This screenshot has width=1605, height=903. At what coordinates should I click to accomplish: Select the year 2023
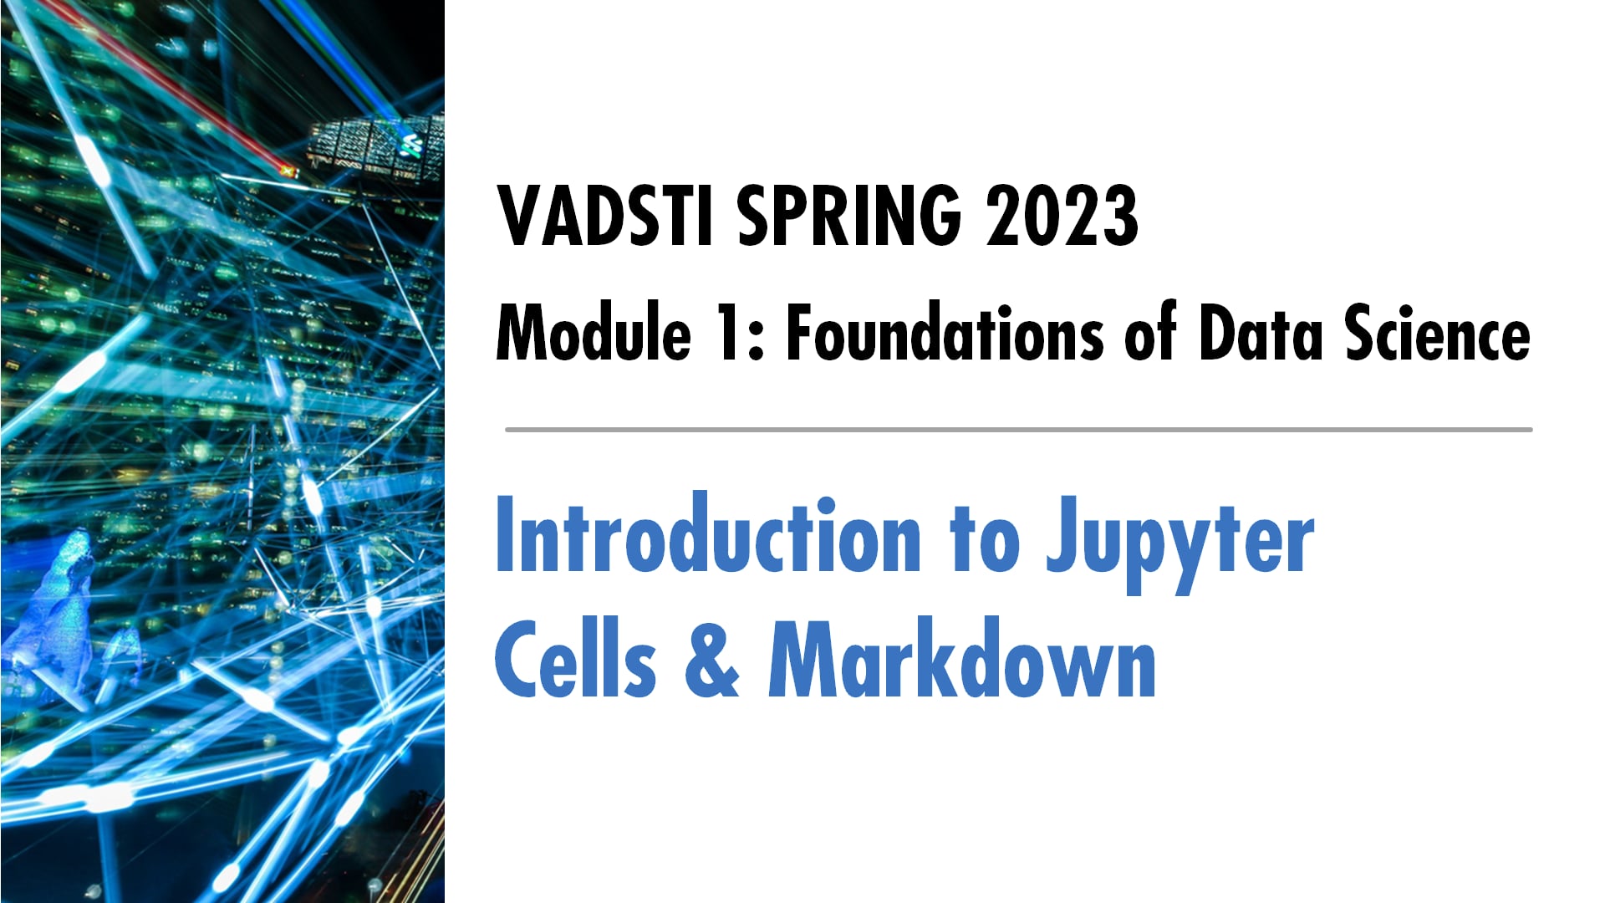click(1062, 216)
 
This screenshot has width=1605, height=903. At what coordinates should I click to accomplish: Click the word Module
click(594, 333)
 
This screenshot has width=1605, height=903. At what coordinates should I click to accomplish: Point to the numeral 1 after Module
click(730, 333)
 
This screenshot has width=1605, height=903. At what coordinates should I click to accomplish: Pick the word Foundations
click(945, 333)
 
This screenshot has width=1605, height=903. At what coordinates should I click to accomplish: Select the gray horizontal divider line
click(1018, 430)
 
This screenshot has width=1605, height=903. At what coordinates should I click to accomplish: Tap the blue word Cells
click(576, 661)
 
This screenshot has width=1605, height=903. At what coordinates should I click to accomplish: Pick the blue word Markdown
click(962, 661)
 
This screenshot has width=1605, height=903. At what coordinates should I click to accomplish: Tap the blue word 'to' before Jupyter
click(984, 540)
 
